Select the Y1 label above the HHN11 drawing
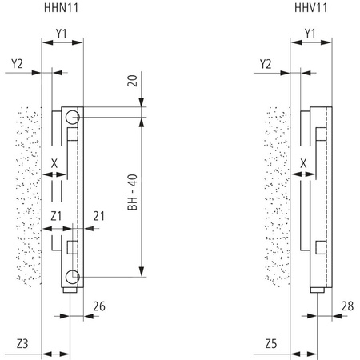click(62, 33)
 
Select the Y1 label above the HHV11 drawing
click(311, 33)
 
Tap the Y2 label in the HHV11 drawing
click(267, 62)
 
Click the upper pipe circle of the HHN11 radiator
click(73, 118)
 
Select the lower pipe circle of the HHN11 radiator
click(73, 277)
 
